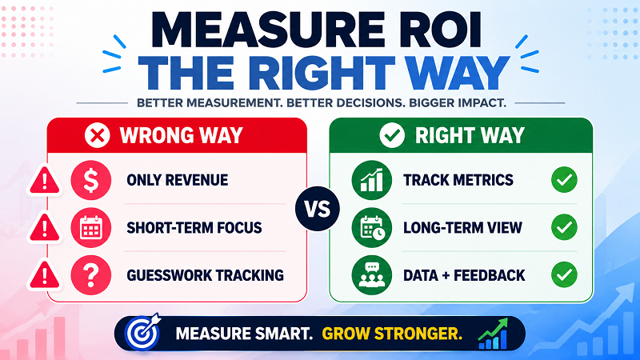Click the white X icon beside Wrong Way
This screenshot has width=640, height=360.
click(97, 135)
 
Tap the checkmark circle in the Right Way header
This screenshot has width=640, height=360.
click(392, 135)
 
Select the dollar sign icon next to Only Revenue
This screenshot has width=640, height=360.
click(90, 180)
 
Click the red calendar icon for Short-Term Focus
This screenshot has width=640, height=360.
click(90, 227)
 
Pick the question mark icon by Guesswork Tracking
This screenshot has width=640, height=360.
click(90, 275)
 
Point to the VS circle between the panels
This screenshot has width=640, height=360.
click(318, 209)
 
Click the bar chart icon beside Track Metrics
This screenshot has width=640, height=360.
click(371, 180)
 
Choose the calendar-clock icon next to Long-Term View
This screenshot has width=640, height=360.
click(371, 227)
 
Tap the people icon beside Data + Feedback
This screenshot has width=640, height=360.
click(371, 275)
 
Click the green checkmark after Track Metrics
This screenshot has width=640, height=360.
click(564, 179)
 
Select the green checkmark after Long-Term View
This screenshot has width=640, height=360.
click(564, 227)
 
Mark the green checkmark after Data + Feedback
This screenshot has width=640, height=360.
click(564, 274)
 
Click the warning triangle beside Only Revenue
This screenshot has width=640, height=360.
click(45, 181)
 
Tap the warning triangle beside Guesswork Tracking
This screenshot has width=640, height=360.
click(45, 275)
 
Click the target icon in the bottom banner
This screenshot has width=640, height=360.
click(143, 333)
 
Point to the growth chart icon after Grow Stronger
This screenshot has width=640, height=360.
click(493, 334)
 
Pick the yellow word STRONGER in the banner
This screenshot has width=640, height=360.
click(418, 334)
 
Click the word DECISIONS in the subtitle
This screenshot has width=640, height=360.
click(367, 102)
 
